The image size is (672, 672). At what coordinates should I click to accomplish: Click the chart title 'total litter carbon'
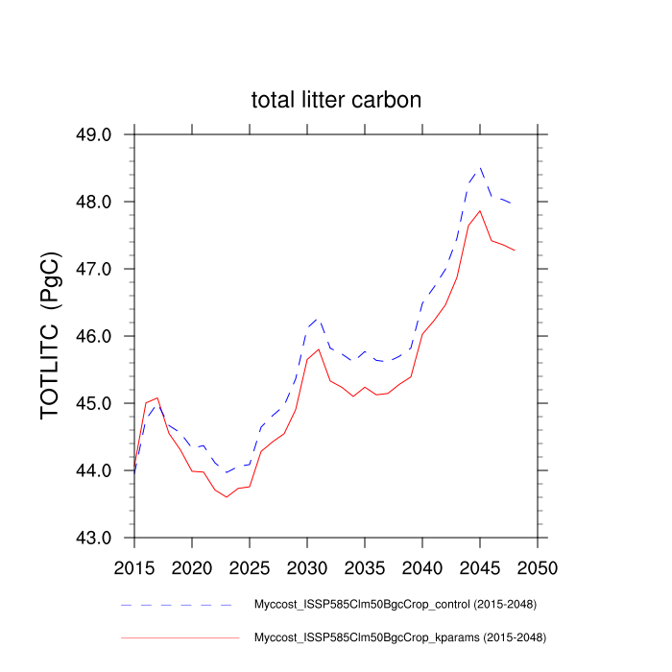(x=336, y=100)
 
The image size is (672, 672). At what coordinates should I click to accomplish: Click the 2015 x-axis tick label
(x=134, y=567)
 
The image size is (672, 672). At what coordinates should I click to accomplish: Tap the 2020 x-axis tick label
(x=192, y=567)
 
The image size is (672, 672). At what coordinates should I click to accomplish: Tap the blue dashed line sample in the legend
(x=178, y=605)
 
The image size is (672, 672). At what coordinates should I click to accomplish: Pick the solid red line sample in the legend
(x=178, y=636)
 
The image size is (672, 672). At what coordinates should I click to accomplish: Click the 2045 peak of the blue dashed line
(x=480, y=167)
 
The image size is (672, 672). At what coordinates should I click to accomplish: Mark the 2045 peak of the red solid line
(x=479, y=210)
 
